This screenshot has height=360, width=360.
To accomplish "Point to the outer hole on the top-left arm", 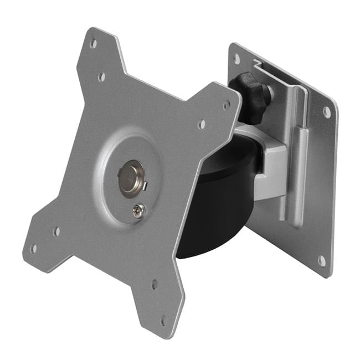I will point(93,42).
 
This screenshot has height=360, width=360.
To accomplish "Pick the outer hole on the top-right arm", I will point(226,104).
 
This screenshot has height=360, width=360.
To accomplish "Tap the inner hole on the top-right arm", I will point(201,124).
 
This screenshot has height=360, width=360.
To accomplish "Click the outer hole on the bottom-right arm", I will point(163,320).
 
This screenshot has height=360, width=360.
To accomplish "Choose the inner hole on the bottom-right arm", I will point(154,284).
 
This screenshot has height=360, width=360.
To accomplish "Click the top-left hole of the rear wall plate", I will point(237,57).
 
